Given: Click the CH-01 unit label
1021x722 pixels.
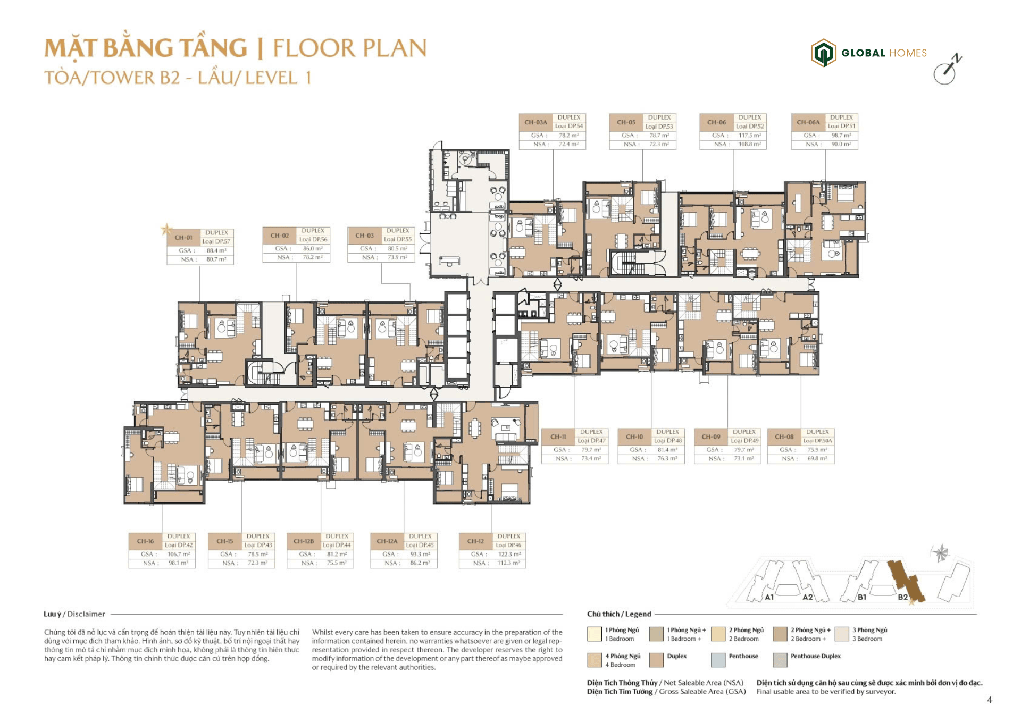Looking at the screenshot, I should [183, 238].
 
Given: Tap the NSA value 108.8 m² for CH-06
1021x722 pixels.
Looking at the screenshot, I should [749, 144].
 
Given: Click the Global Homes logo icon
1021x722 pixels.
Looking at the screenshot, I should [823, 53].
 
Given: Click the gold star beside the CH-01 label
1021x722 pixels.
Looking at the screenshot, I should [166, 230].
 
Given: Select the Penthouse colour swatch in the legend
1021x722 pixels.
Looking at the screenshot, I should [718, 660].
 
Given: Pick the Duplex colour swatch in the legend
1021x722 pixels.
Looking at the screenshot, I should [656, 660].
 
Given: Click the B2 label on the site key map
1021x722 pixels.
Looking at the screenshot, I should [902, 597].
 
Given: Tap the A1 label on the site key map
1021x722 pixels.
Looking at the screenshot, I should [769, 597].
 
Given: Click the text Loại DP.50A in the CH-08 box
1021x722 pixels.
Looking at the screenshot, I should [817, 441].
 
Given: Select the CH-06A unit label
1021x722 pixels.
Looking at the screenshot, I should [808, 122].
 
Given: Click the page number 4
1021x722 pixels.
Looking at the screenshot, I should [989, 700].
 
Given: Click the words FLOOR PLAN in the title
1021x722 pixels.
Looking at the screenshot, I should [349, 48].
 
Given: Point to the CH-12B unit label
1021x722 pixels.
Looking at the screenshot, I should [304, 541].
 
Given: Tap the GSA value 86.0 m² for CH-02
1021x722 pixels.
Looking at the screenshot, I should [313, 248].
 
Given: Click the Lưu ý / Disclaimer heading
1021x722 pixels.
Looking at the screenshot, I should [74, 614].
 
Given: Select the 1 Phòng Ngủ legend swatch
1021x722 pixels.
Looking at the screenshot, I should [594, 634].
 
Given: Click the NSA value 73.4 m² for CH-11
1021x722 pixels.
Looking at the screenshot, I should [591, 458].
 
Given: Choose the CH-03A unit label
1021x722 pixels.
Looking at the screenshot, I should [535, 122].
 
